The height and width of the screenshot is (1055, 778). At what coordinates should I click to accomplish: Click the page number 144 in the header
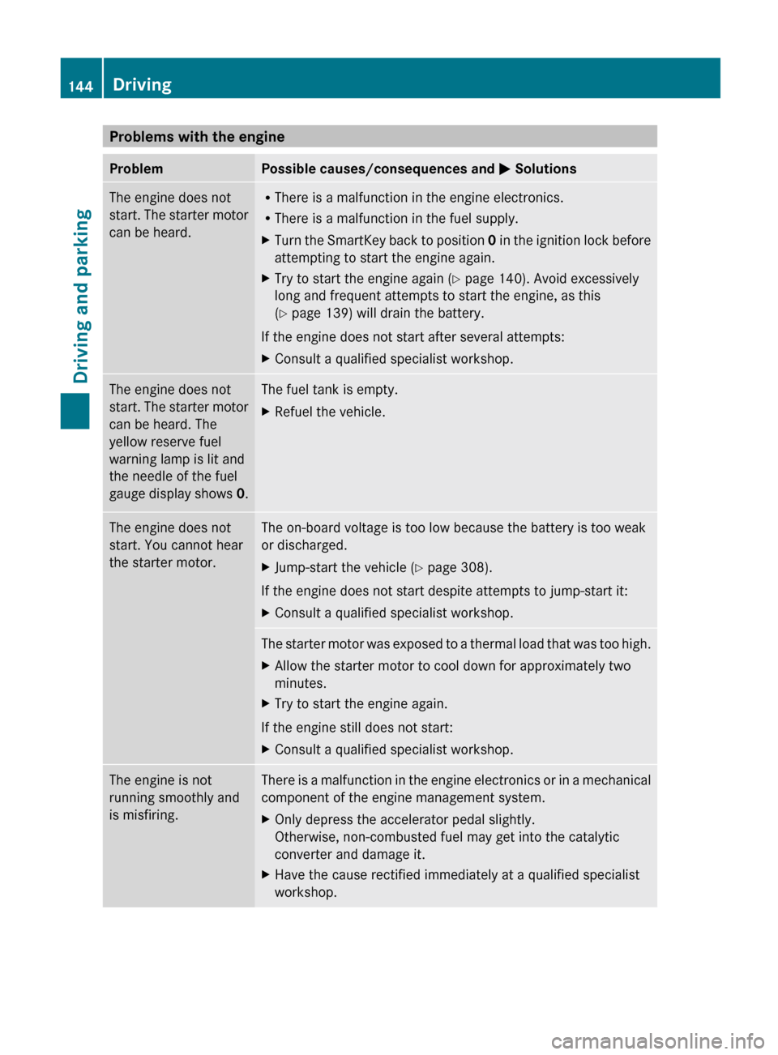click(80, 86)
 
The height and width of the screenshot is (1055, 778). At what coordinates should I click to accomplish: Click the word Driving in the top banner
click(142, 84)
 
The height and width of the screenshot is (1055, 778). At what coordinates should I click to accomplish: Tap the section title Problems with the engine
click(197, 136)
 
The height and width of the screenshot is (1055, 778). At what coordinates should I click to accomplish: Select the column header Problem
click(136, 169)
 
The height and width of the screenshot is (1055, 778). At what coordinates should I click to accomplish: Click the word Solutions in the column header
click(545, 169)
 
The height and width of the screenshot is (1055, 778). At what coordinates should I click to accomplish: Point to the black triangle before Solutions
click(504, 169)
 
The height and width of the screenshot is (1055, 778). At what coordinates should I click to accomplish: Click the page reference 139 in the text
click(337, 313)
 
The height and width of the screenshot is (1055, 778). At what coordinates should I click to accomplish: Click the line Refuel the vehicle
click(330, 412)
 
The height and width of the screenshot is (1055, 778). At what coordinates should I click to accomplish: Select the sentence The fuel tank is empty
click(329, 389)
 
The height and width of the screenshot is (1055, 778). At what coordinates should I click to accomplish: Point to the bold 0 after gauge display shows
click(241, 493)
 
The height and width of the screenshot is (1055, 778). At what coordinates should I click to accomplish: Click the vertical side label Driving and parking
click(81, 296)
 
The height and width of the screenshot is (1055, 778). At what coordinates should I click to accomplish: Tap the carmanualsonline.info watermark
click(657, 1040)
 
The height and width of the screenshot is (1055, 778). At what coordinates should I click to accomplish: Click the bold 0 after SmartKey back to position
click(492, 240)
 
